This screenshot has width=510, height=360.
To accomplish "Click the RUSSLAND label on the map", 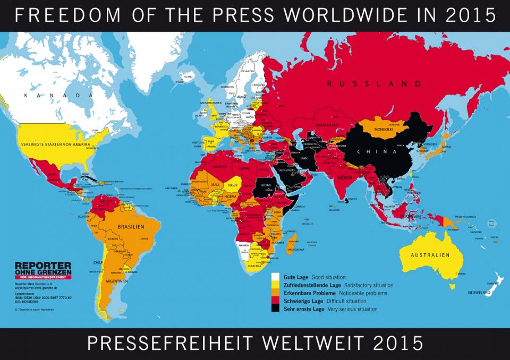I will pyautogui.click(x=375, y=84).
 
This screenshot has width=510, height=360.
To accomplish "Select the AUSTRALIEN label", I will pyautogui.click(x=429, y=255).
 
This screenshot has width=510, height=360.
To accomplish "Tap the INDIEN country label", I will pyautogui.click(x=345, y=177).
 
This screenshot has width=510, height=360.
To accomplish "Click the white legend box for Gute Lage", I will pyautogui.click(x=276, y=277).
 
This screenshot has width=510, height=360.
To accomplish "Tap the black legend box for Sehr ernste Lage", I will pyautogui.click(x=276, y=309).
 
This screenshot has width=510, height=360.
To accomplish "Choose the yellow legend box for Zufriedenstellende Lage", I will pyautogui.click(x=276, y=285).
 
